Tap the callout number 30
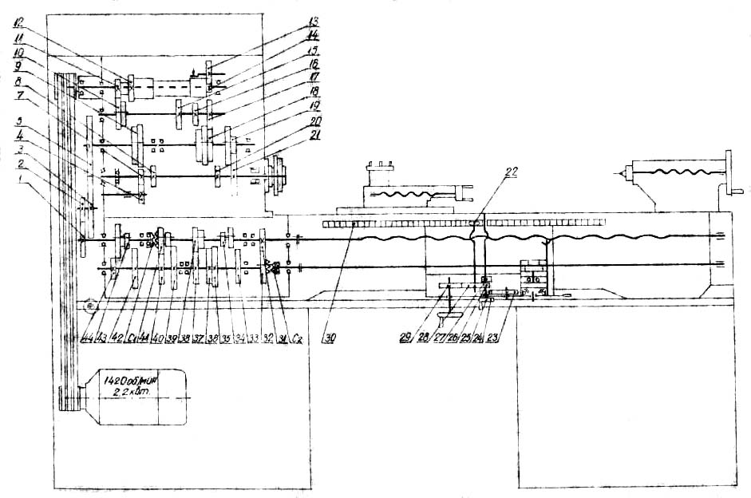pos(328,336)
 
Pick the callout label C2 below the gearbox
pos(297,336)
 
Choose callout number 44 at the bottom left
pos(86,336)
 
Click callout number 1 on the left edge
pos(32,184)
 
